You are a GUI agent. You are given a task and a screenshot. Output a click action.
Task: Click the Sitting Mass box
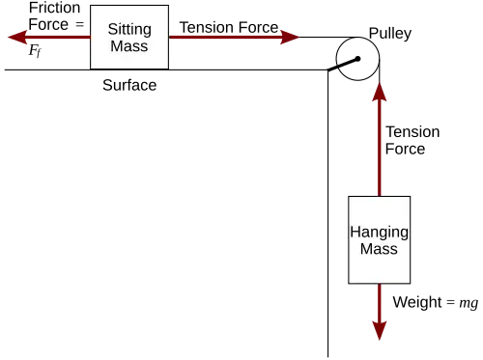129,37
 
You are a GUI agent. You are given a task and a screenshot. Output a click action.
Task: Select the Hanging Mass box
380,239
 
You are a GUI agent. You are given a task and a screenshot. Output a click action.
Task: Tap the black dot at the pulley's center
357,59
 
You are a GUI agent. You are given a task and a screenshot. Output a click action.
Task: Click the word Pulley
390,34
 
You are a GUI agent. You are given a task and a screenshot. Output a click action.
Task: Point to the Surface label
129,85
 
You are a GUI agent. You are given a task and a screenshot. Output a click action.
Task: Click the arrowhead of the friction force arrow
17,37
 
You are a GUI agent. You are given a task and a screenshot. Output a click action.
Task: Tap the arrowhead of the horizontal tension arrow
290,37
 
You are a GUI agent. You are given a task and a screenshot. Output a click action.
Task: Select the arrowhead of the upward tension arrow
380,92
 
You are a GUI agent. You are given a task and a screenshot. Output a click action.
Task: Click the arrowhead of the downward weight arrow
380,331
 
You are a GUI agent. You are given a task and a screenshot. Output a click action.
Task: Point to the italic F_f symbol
35,51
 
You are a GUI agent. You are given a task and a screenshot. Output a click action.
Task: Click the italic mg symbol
469,303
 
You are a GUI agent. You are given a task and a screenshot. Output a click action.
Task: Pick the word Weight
417,302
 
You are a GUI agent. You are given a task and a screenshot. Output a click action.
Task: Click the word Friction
54,8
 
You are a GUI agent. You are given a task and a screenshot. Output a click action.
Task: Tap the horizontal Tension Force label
229,27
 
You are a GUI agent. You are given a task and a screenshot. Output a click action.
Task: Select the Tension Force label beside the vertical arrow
412,140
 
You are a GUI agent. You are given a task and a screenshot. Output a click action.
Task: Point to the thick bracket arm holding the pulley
343,65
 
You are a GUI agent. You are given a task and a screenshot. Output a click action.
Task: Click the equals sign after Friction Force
79,25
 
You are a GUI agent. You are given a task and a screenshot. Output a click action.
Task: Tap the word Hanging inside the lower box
380,233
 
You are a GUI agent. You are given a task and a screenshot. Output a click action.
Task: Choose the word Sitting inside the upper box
129,30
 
